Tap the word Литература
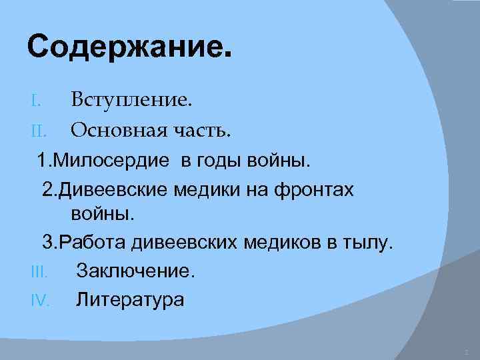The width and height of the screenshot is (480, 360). point(130,300)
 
